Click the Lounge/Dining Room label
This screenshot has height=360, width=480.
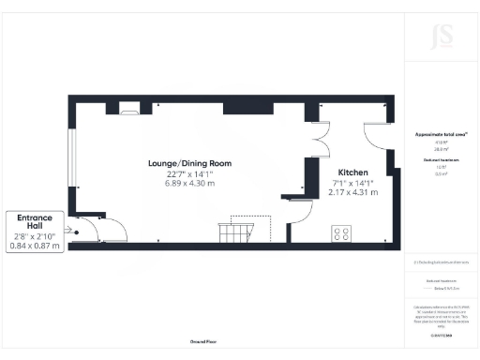189,163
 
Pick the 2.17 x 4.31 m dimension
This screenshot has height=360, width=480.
352,191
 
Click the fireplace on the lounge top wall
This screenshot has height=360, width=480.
128,110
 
